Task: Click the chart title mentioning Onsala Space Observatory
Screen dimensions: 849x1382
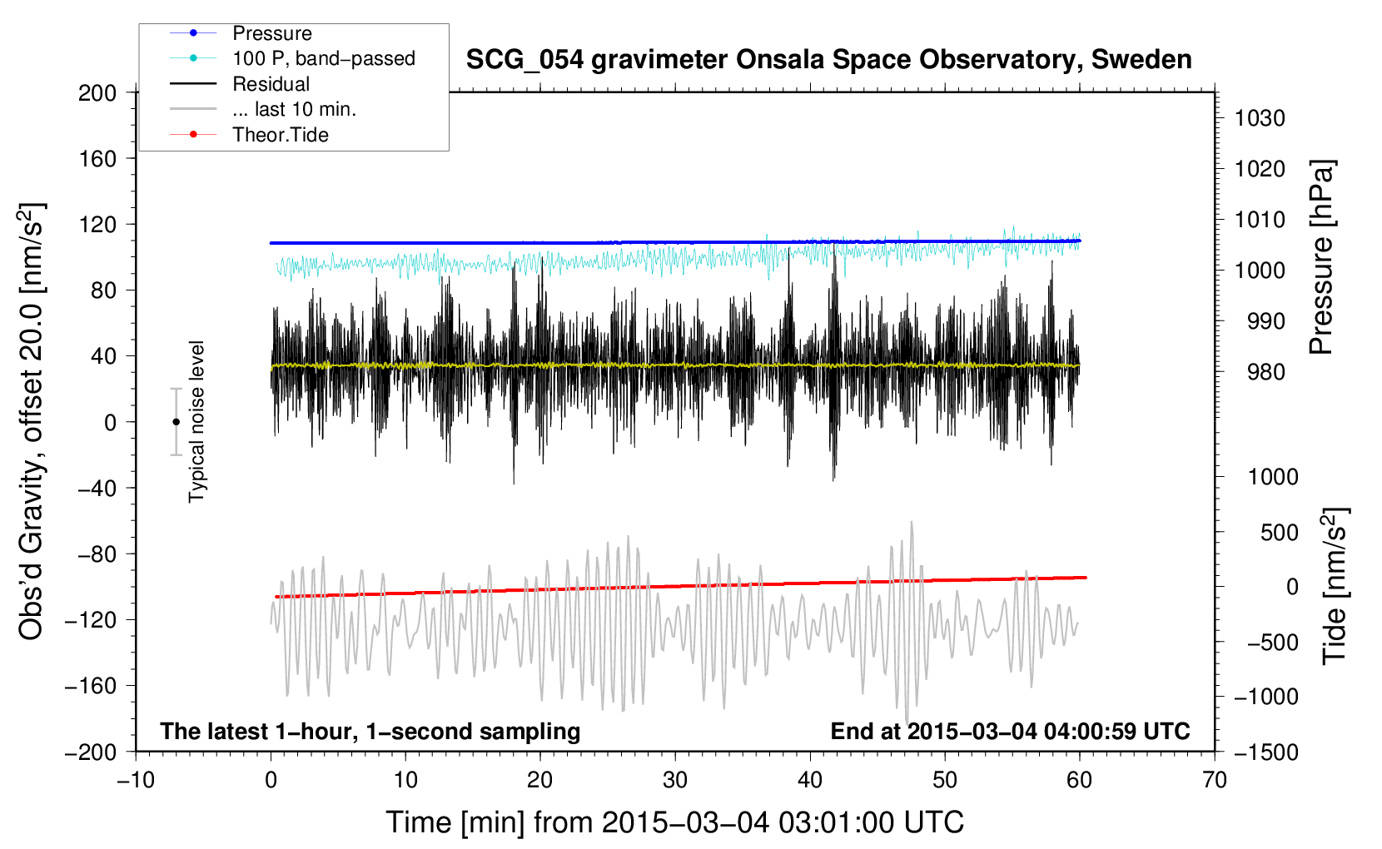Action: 828,60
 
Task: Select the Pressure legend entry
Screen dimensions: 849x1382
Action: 271,33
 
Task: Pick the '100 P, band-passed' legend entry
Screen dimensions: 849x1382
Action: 323,58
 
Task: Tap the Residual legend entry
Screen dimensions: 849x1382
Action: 271,84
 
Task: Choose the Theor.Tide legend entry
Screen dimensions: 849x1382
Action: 280,135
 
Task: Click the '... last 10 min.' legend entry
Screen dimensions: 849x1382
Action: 294,109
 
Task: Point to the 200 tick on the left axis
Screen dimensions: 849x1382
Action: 97,92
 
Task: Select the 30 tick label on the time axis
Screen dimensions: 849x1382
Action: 675,780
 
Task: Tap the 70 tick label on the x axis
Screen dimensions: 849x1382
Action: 1215,780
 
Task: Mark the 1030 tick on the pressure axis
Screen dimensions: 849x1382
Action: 1260,118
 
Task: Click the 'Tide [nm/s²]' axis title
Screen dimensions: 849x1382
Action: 1335,585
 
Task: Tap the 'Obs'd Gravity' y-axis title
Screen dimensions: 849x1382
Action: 31,422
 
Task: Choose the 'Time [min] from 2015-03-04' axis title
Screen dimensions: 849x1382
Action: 674,822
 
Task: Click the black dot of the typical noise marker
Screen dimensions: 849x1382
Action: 176,422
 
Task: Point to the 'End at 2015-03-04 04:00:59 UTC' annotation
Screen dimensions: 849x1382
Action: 1010,731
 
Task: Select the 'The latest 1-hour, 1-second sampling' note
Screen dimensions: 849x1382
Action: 370,731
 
